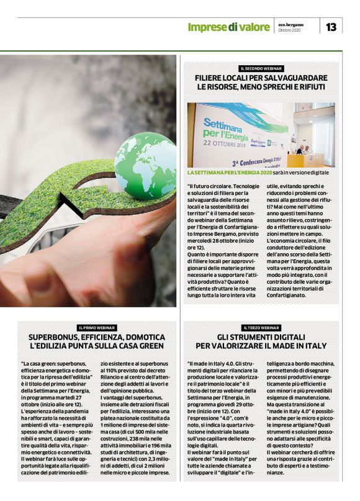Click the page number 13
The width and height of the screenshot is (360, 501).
[331, 27]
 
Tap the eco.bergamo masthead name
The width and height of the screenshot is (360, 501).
[290, 24]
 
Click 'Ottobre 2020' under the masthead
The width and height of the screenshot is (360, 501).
[289, 30]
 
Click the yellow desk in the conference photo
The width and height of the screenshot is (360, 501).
[304, 160]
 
